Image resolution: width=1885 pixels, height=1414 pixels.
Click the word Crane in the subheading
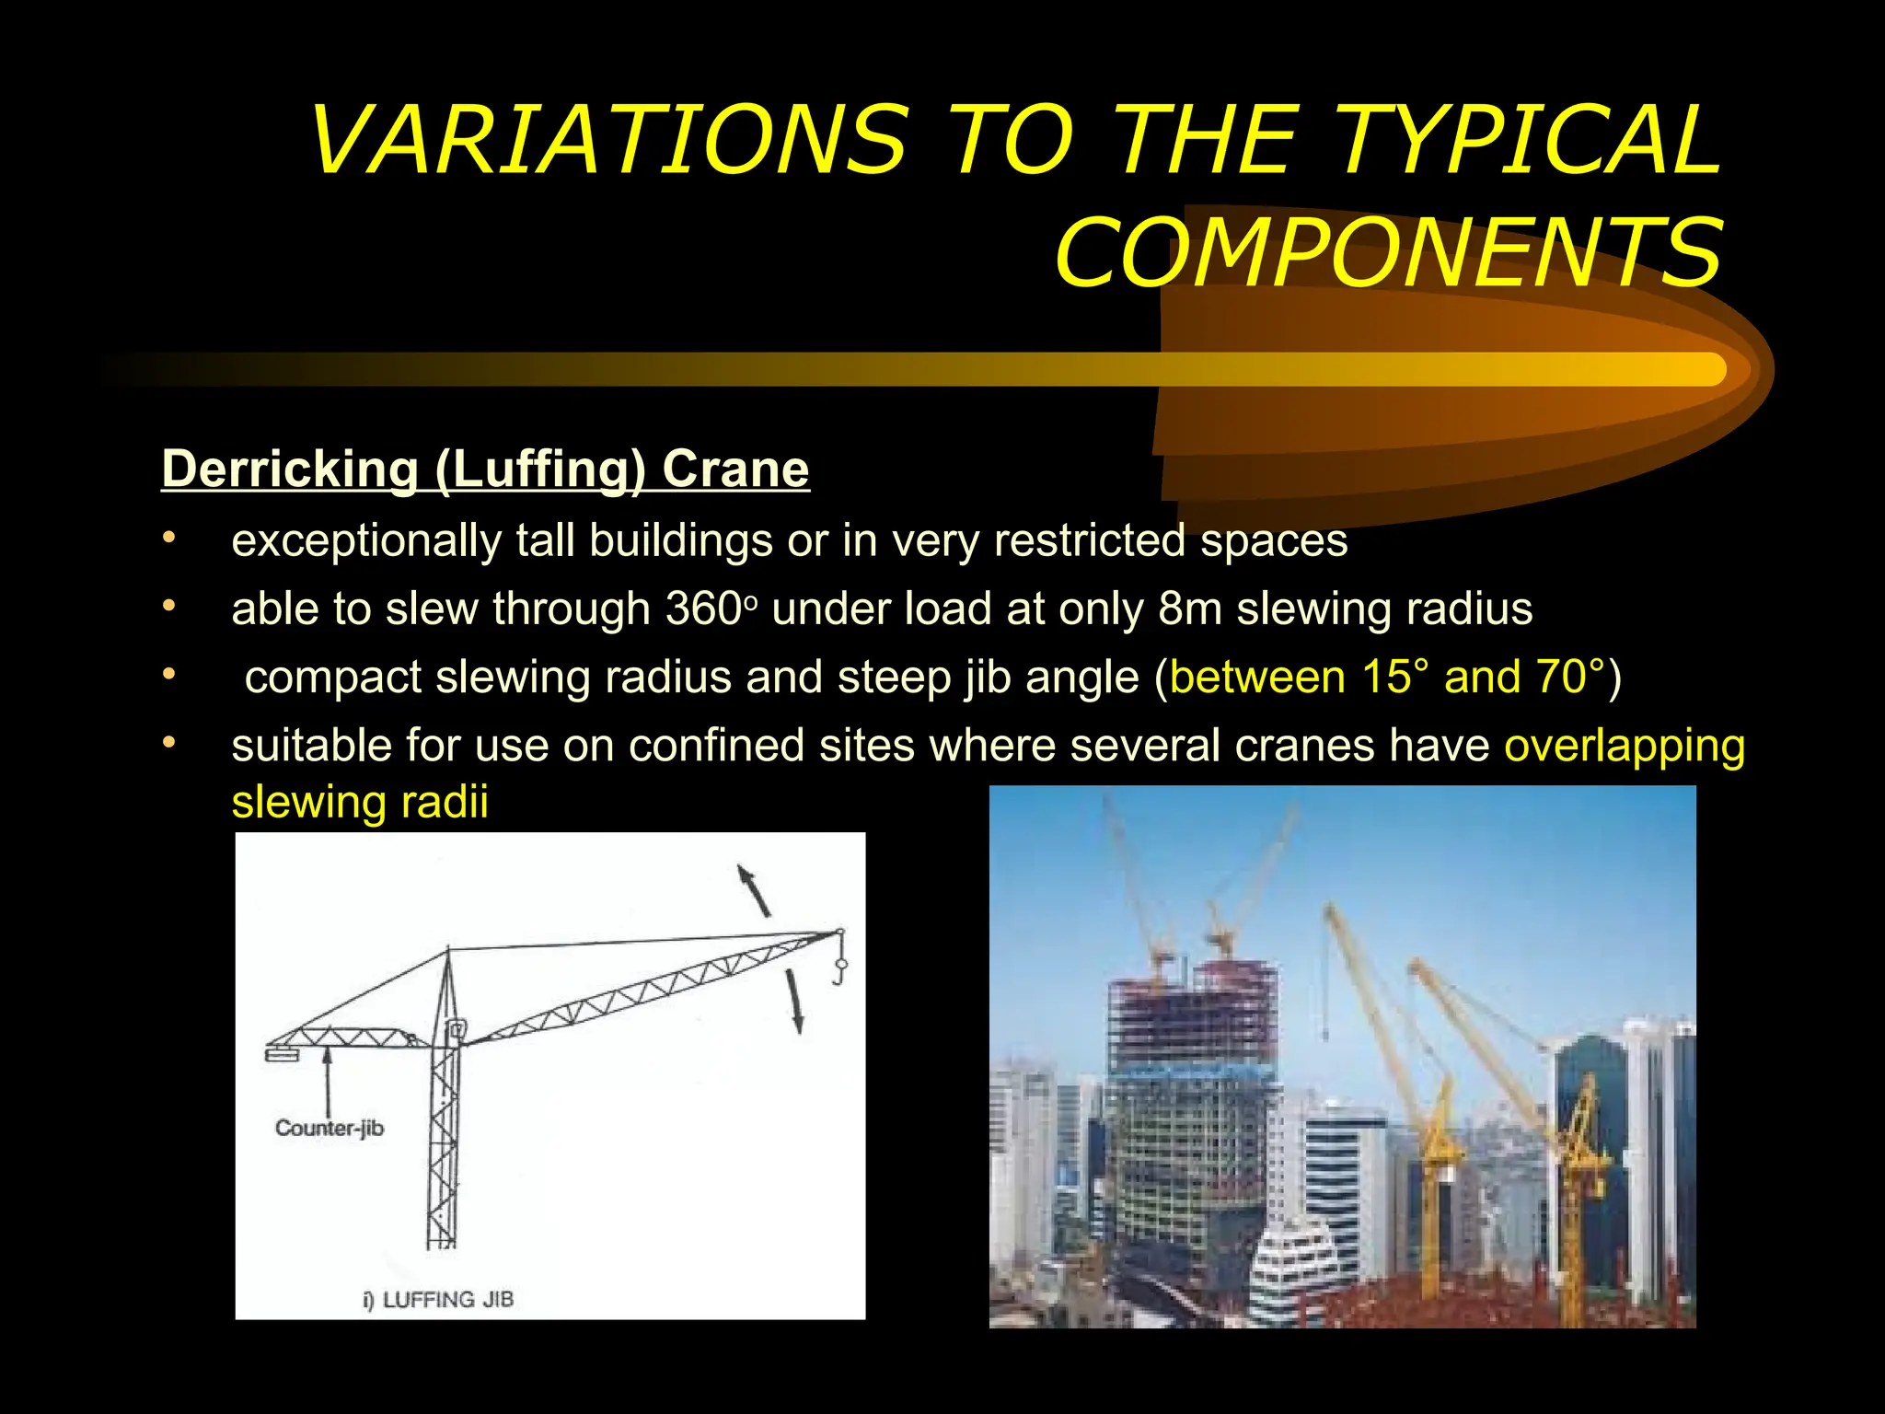735,469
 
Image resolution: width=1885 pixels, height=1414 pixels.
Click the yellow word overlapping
1625,746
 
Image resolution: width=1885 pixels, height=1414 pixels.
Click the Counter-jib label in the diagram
330,1129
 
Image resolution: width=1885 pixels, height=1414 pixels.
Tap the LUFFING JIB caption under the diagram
447,1300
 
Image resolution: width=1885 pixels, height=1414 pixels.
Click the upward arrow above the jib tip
754,888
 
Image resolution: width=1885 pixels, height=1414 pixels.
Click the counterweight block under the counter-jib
283,1053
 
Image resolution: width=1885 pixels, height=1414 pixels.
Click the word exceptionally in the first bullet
365,541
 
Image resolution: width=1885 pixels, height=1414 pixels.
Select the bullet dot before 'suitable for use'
168,742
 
